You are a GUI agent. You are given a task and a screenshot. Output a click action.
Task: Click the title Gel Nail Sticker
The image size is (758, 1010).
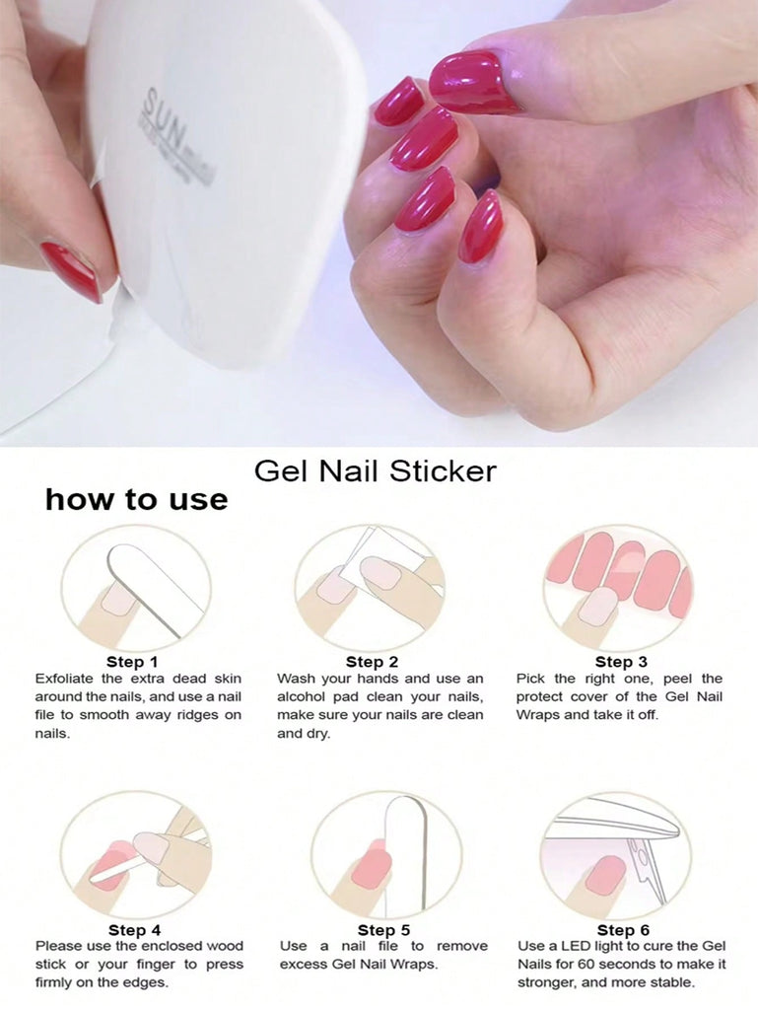(x=376, y=471)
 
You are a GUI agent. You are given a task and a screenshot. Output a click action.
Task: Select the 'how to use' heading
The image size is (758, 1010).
(x=136, y=500)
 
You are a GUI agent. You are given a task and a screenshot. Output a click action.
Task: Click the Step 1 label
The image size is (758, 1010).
(x=132, y=662)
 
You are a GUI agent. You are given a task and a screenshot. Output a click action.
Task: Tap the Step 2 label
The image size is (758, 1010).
(x=372, y=662)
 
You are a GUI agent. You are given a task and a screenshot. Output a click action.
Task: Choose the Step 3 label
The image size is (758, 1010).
(x=621, y=662)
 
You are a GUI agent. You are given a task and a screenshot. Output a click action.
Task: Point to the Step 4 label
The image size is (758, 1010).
(x=134, y=929)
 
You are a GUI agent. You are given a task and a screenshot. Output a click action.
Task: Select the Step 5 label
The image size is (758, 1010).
(x=383, y=929)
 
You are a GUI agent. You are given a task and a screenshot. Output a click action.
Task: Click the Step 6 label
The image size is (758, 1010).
(x=623, y=929)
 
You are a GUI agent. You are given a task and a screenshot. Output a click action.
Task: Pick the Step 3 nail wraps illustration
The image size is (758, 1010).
(x=621, y=573)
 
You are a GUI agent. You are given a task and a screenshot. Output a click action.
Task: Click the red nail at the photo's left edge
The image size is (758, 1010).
(x=71, y=270)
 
